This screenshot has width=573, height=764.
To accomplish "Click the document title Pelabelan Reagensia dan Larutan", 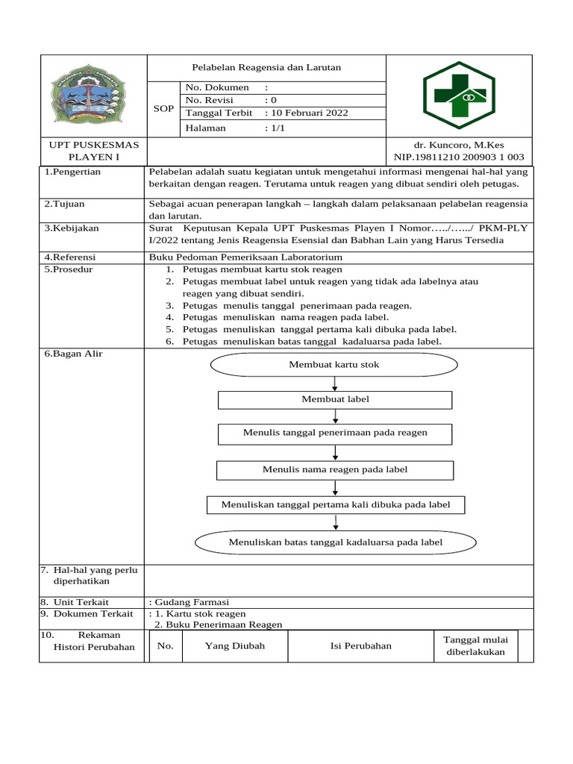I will pyautogui.click(x=266, y=67).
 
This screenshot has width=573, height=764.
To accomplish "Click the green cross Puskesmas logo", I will pyautogui.click(x=458, y=95).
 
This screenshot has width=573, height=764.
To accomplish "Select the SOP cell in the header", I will pyautogui.click(x=163, y=109).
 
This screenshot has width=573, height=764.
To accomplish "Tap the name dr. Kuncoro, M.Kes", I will pyautogui.click(x=459, y=145).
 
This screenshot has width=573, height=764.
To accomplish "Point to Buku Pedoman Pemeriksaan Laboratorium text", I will pyautogui.click(x=245, y=257).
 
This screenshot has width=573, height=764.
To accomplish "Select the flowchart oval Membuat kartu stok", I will pyautogui.click(x=334, y=365).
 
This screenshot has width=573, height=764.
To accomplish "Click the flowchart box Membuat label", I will pyautogui.click(x=335, y=400).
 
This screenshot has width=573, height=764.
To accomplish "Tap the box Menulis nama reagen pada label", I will pyautogui.click(x=335, y=470).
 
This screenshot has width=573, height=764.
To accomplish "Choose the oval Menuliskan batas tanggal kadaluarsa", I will pyautogui.click(x=335, y=542).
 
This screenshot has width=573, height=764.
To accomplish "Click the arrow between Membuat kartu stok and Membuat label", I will pyautogui.click(x=335, y=383).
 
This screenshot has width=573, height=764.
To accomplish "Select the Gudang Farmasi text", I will pyautogui.click(x=191, y=602).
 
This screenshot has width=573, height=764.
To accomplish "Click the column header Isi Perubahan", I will pyautogui.click(x=360, y=646).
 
